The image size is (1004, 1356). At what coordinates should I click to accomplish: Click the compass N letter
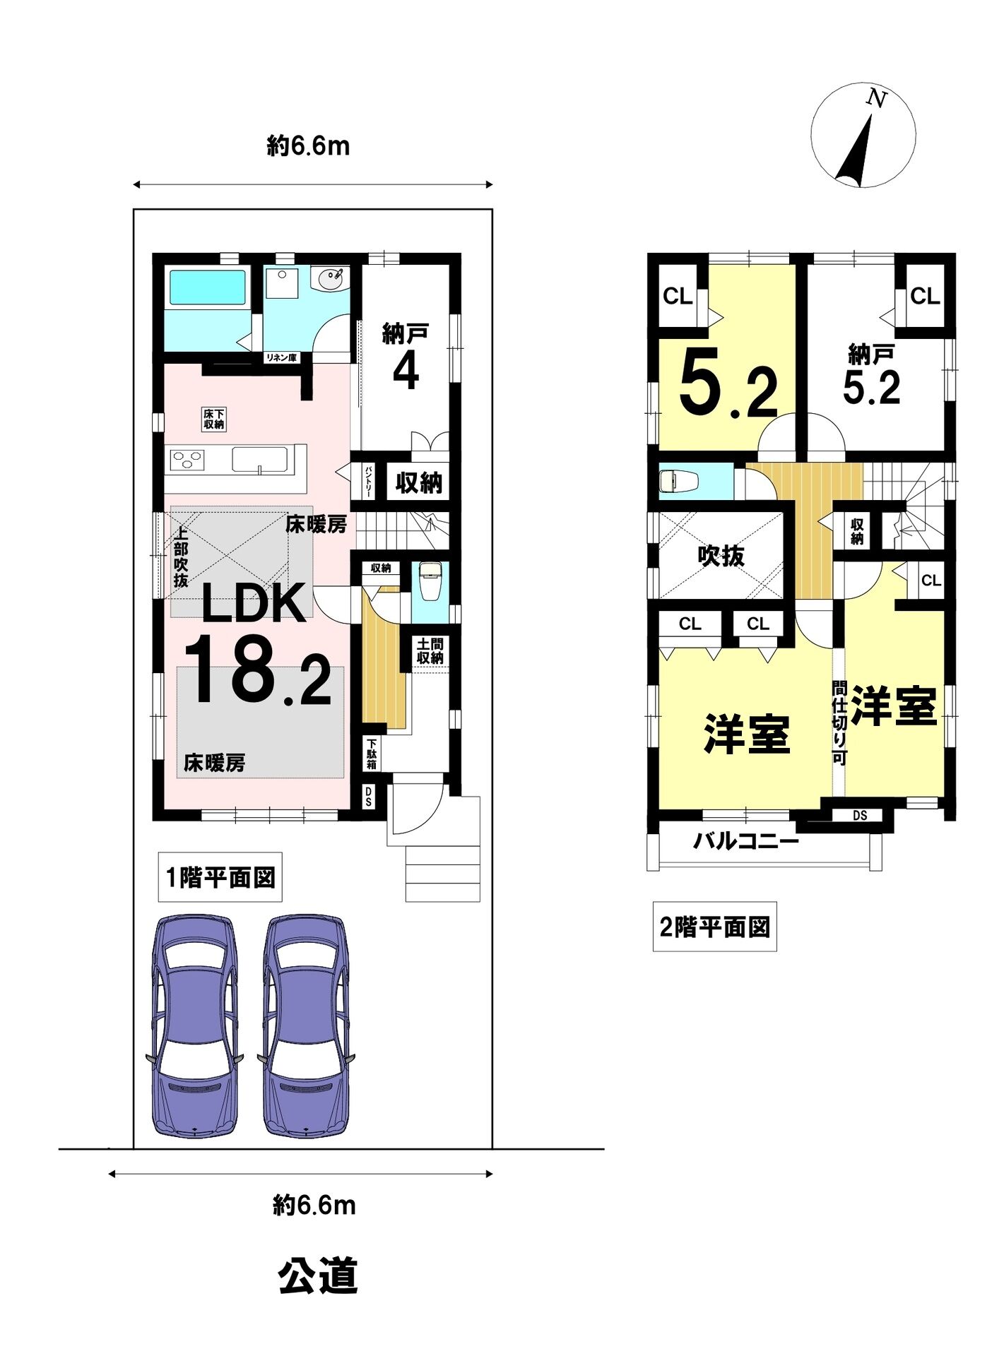(x=877, y=100)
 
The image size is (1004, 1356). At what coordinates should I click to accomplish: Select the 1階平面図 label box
(x=220, y=877)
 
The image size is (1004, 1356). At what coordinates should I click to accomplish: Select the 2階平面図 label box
(x=714, y=927)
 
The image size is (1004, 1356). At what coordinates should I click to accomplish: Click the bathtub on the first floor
(x=207, y=287)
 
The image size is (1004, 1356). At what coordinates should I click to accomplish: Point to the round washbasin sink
(x=331, y=280)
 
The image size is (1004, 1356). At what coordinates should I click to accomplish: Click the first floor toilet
(x=430, y=581)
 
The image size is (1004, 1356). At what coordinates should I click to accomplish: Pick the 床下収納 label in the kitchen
(x=214, y=419)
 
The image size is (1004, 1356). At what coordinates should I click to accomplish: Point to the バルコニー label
(x=745, y=841)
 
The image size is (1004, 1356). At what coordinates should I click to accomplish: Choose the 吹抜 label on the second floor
(x=721, y=556)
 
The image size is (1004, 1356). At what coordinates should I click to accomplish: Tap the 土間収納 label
(x=430, y=651)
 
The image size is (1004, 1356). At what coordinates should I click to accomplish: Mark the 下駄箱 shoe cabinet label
(x=372, y=754)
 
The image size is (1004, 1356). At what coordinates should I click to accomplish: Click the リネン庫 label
(x=281, y=357)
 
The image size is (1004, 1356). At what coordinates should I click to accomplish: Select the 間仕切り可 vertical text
(x=839, y=722)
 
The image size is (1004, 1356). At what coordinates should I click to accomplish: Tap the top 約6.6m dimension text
(x=308, y=146)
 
